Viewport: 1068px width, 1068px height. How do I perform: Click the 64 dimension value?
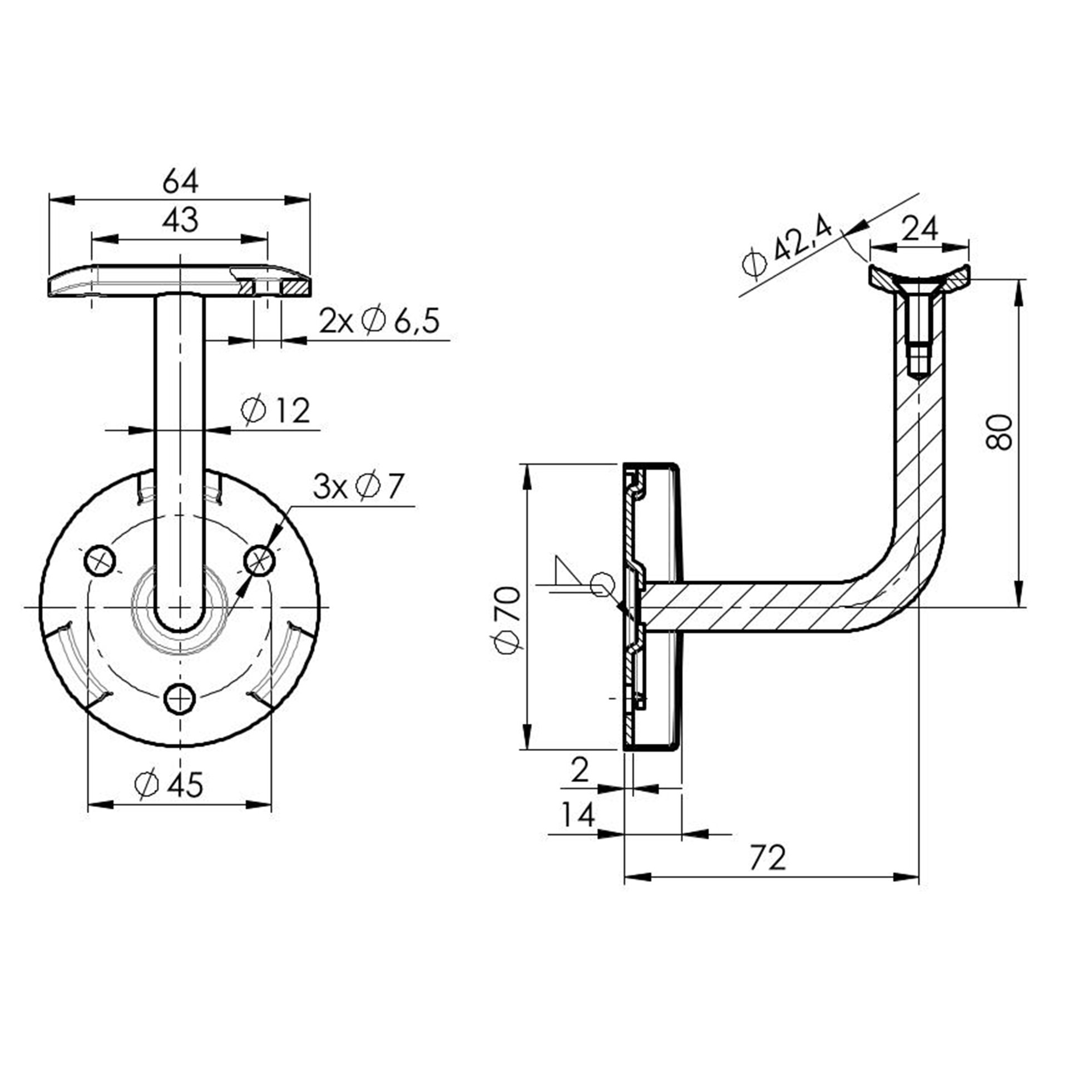pos(180,181)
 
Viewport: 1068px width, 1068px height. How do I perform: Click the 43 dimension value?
pos(180,220)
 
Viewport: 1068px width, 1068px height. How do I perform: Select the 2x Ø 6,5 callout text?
pos(379,322)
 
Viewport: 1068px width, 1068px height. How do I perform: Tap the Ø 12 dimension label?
pos(275,411)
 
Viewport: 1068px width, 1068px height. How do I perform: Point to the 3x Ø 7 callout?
pos(357,487)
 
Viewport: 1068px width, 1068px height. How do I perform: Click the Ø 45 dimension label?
pos(169,785)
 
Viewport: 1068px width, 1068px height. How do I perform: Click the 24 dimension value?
pos(919,229)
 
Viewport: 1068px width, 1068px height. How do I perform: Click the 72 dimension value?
pos(768,857)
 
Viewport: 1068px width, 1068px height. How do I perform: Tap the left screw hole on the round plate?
pos(100,560)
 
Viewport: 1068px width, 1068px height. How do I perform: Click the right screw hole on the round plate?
pos(260,560)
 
